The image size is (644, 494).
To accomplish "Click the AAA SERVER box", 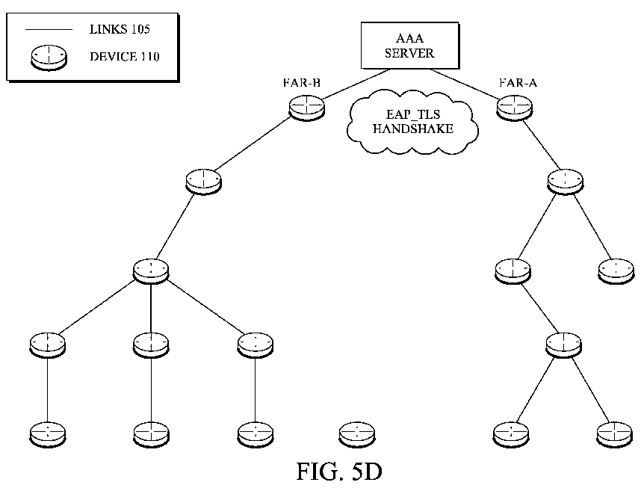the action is pos(410,46).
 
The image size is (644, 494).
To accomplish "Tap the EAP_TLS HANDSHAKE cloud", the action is pos(412,122).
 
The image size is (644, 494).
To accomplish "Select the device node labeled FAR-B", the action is pos(306,108).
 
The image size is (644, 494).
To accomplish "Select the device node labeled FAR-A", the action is pos(515,108).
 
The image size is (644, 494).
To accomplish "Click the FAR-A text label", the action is pos(518,83).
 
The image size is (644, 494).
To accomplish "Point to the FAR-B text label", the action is pos(302,83).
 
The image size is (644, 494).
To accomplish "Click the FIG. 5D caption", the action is pos(339,472).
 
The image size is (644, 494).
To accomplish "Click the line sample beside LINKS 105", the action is pos(49,30).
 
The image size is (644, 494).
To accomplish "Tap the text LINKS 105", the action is pos(120,29).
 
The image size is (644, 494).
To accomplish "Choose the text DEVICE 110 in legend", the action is pos(125,57).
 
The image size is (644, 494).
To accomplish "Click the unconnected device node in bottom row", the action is pos(357,434).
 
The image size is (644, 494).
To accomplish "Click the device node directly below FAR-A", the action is pos(565,182).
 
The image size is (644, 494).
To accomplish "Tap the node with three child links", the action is pos(151,271).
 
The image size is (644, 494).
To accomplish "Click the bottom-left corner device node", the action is pos(48,434).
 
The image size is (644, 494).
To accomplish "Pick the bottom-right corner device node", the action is pos(615,434).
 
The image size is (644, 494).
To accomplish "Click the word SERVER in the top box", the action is pos(409,53).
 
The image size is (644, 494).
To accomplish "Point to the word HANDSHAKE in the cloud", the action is pos(413,129).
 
